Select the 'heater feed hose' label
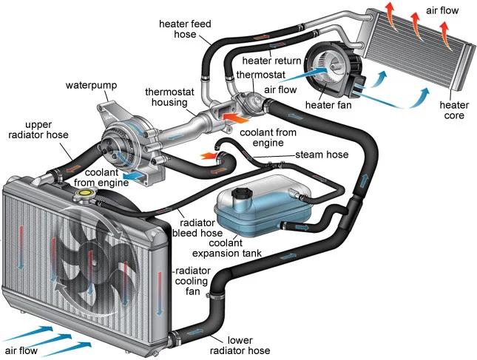pos(185,30)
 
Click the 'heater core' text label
pos(453,110)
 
